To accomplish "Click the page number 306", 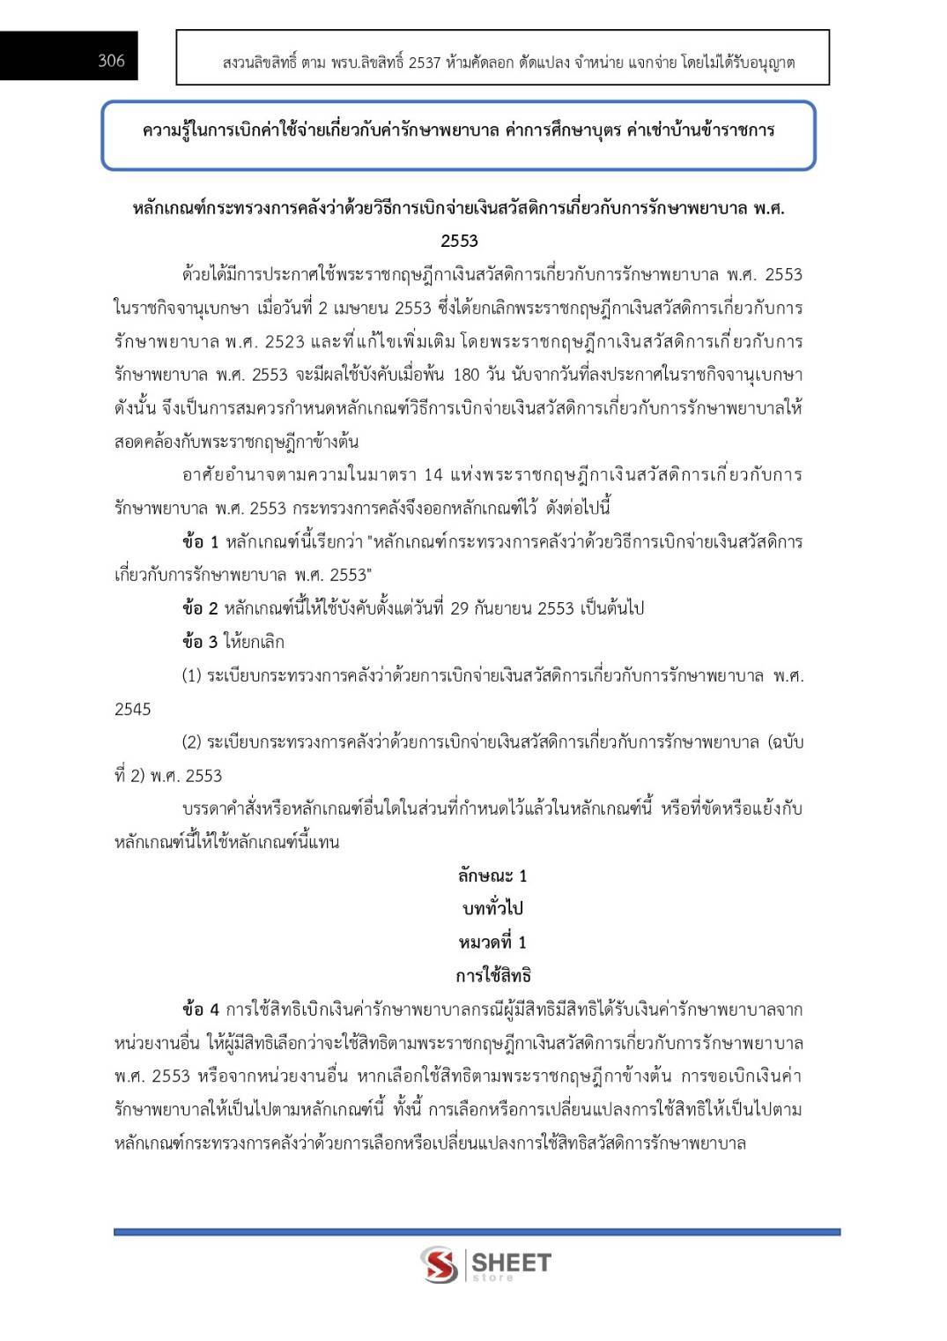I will pyautogui.click(x=111, y=60).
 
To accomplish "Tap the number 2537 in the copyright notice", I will pyautogui.click(x=424, y=63).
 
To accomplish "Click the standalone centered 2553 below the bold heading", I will pyautogui.click(x=459, y=241).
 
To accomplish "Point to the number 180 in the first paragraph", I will pyautogui.click(x=466, y=375).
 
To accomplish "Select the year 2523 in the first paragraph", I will pyautogui.click(x=285, y=341).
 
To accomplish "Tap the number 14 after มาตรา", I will pyautogui.click(x=433, y=475).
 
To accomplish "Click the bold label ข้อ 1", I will pyautogui.click(x=199, y=541).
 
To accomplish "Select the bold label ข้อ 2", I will pyautogui.click(x=199, y=608).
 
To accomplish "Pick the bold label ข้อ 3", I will pyautogui.click(x=199, y=642).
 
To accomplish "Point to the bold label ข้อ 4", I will pyautogui.click(x=200, y=1009).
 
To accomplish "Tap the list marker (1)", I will pyautogui.click(x=191, y=676).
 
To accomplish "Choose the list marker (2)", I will pyautogui.click(x=191, y=742).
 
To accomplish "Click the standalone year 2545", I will pyautogui.click(x=133, y=709).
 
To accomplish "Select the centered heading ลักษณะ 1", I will pyautogui.click(x=492, y=875).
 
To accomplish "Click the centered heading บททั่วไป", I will pyautogui.click(x=492, y=909).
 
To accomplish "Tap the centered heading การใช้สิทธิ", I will pyautogui.click(x=492, y=976).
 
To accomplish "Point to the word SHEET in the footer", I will pyautogui.click(x=512, y=1262).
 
